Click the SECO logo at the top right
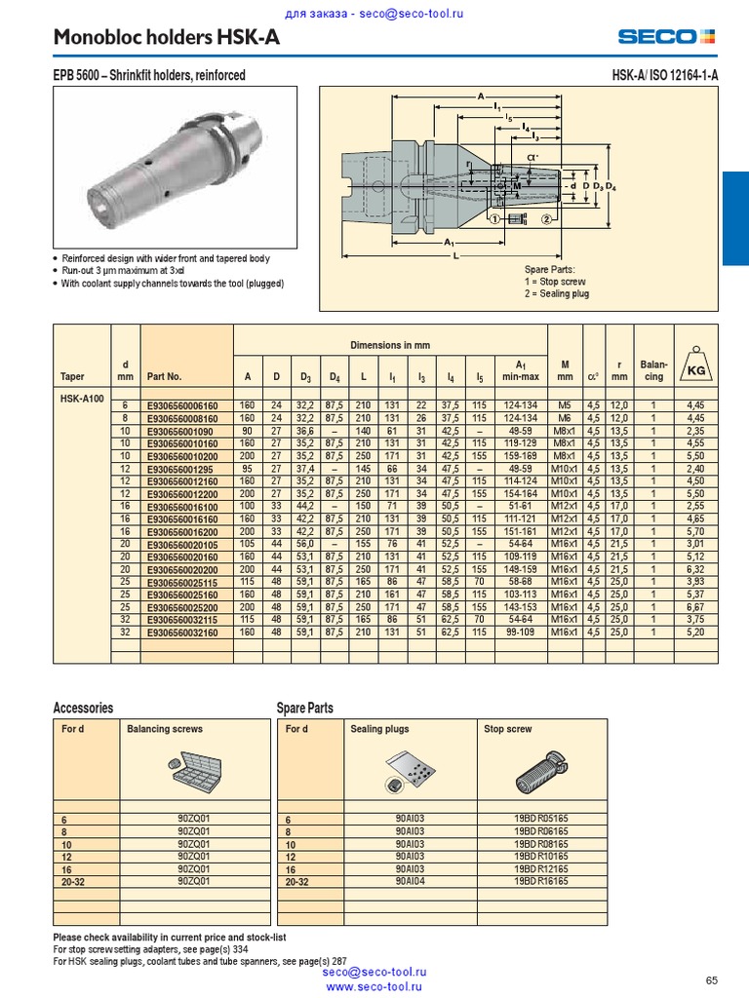point(666,37)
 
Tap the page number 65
point(711,979)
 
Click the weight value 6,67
point(694,607)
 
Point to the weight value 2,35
point(694,430)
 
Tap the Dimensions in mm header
point(390,345)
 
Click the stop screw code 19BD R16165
point(540,880)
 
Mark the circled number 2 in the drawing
point(548,219)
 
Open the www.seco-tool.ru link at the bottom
point(374,986)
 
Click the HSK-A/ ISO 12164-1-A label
point(664,75)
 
